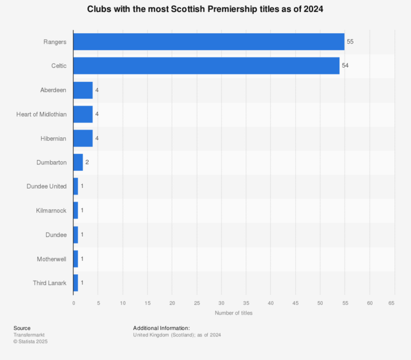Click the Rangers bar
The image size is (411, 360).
(209, 42)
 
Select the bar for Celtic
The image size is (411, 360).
(206, 66)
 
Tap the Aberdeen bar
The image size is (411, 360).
(83, 90)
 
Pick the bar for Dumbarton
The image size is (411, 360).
(78, 162)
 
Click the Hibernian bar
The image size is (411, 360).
(83, 138)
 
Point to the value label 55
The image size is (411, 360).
(350, 42)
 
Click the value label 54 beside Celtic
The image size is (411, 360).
(345, 66)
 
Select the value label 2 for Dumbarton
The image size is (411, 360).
(87, 162)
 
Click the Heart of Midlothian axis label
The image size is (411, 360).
(41, 114)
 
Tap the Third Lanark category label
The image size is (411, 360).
(49, 282)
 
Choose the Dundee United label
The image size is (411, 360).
(47, 186)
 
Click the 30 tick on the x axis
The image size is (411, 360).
(222, 303)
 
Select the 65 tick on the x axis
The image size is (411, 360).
(394, 303)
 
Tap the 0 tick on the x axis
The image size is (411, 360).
(74, 303)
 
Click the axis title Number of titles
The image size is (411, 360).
(233, 313)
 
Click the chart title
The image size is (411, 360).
(205, 10)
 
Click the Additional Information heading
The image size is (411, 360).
(161, 328)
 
